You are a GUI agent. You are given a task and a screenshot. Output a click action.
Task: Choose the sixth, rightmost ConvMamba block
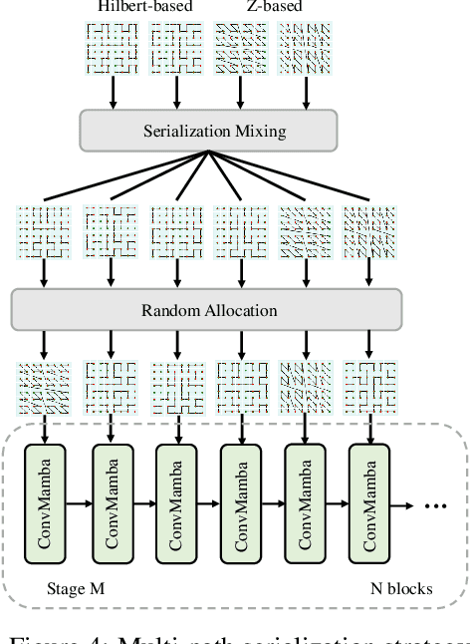[x=369, y=503]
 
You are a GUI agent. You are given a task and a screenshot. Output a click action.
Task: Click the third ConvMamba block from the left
[x=176, y=503]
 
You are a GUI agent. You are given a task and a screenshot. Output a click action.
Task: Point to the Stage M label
[x=75, y=588]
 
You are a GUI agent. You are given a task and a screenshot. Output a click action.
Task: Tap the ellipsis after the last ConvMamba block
[x=434, y=506]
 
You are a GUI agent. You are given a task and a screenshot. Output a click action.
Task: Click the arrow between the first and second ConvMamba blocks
[x=80, y=504]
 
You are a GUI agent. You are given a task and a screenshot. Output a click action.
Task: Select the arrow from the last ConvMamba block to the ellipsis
[x=403, y=504]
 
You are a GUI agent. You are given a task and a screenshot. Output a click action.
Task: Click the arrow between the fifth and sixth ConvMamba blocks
[x=338, y=504]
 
